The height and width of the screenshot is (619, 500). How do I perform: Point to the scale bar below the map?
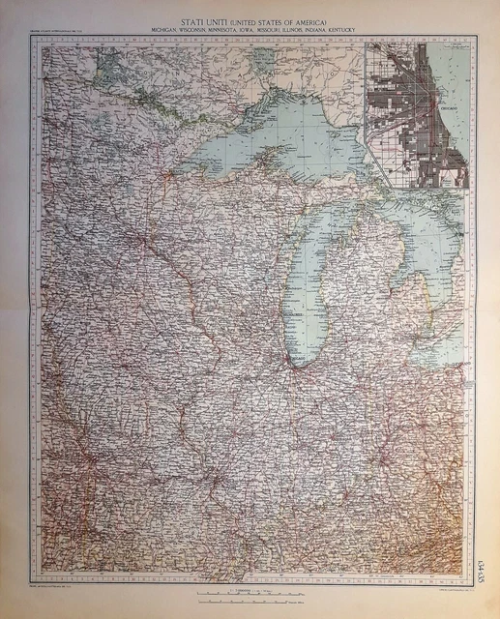(x=250, y=588)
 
